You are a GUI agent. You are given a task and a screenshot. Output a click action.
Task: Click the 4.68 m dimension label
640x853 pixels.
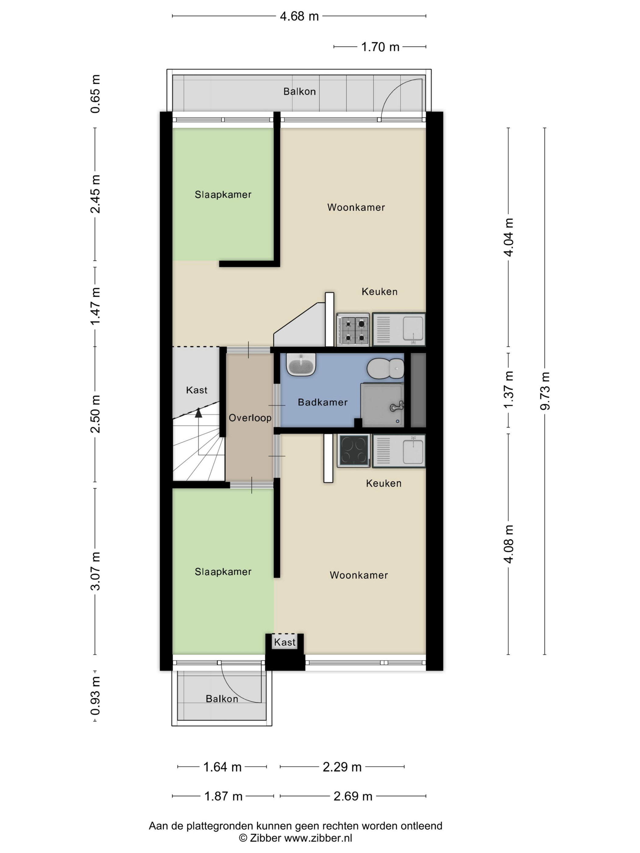[299, 16]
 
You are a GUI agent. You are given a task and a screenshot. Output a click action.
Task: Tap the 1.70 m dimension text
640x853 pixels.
[380, 47]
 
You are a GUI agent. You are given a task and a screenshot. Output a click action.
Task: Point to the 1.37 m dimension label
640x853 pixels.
[508, 389]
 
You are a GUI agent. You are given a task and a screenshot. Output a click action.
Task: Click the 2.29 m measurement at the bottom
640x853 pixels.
[342, 767]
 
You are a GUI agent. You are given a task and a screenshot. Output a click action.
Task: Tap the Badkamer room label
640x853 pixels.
[322, 402]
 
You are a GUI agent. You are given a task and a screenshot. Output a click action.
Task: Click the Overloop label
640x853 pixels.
[250, 418]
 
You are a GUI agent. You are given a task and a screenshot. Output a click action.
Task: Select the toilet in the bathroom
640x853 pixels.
[385, 368]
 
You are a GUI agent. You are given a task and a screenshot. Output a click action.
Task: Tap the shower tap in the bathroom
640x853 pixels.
[396, 406]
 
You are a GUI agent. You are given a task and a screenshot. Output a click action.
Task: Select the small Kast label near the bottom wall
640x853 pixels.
[285, 642]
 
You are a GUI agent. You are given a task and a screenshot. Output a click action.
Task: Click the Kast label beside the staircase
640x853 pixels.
[197, 390]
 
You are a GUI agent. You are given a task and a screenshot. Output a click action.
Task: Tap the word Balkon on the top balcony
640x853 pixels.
[299, 91]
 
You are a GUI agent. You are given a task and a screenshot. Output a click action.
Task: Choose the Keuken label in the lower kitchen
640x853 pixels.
[383, 483]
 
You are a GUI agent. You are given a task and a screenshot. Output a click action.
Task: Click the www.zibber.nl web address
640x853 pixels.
[318, 837]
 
